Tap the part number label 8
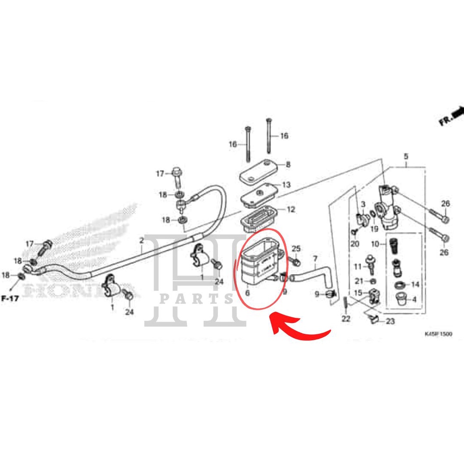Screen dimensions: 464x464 (x=288, y=165)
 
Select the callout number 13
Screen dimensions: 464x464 (x=286, y=185)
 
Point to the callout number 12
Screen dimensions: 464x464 (x=290, y=209)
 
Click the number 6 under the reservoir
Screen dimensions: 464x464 (x=247, y=293)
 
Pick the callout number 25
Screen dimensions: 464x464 (x=296, y=248)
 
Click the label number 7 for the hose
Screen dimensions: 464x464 (x=315, y=259)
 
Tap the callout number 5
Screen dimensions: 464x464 (x=406, y=157)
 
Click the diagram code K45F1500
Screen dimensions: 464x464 (x=438, y=334)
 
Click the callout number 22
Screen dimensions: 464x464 (x=346, y=319)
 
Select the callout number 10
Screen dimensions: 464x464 (x=375, y=244)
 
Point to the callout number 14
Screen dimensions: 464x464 (x=415, y=285)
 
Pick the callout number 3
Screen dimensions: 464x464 (x=363, y=205)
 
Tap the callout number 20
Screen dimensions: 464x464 (x=354, y=244)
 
